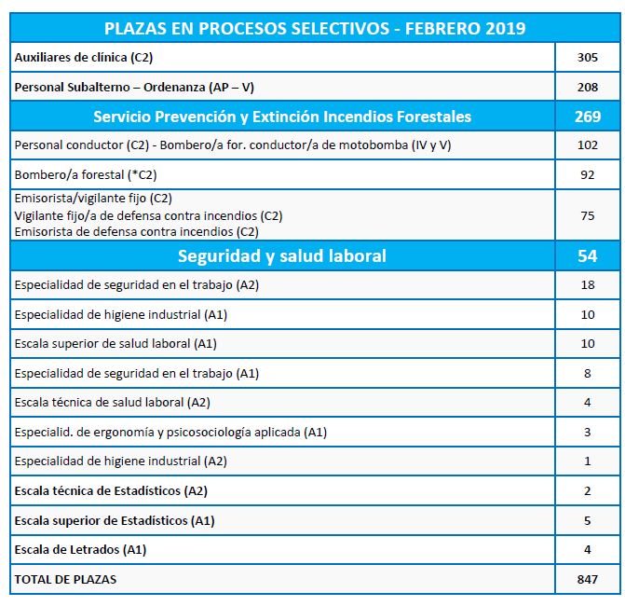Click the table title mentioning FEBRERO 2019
pos(315,28)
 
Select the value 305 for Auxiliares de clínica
pos(588,58)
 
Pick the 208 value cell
pos(588,87)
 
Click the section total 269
pos(588,117)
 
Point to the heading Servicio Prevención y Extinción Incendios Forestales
pos(282,117)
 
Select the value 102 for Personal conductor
pos(588,145)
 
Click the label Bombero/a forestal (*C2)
pos(86,174)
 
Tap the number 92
pos(588,174)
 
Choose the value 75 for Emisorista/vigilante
pos(588,216)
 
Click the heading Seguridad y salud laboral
pos(282,255)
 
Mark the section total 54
pos(588,255)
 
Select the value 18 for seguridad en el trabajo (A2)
pos(588,285)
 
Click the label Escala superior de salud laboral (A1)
pos(115,343)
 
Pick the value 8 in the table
pos(588,374)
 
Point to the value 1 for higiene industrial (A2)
pos(588,461)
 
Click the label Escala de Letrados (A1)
pos(80,550)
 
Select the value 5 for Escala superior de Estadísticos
pos(588,520)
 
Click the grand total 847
pos(588,579)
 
